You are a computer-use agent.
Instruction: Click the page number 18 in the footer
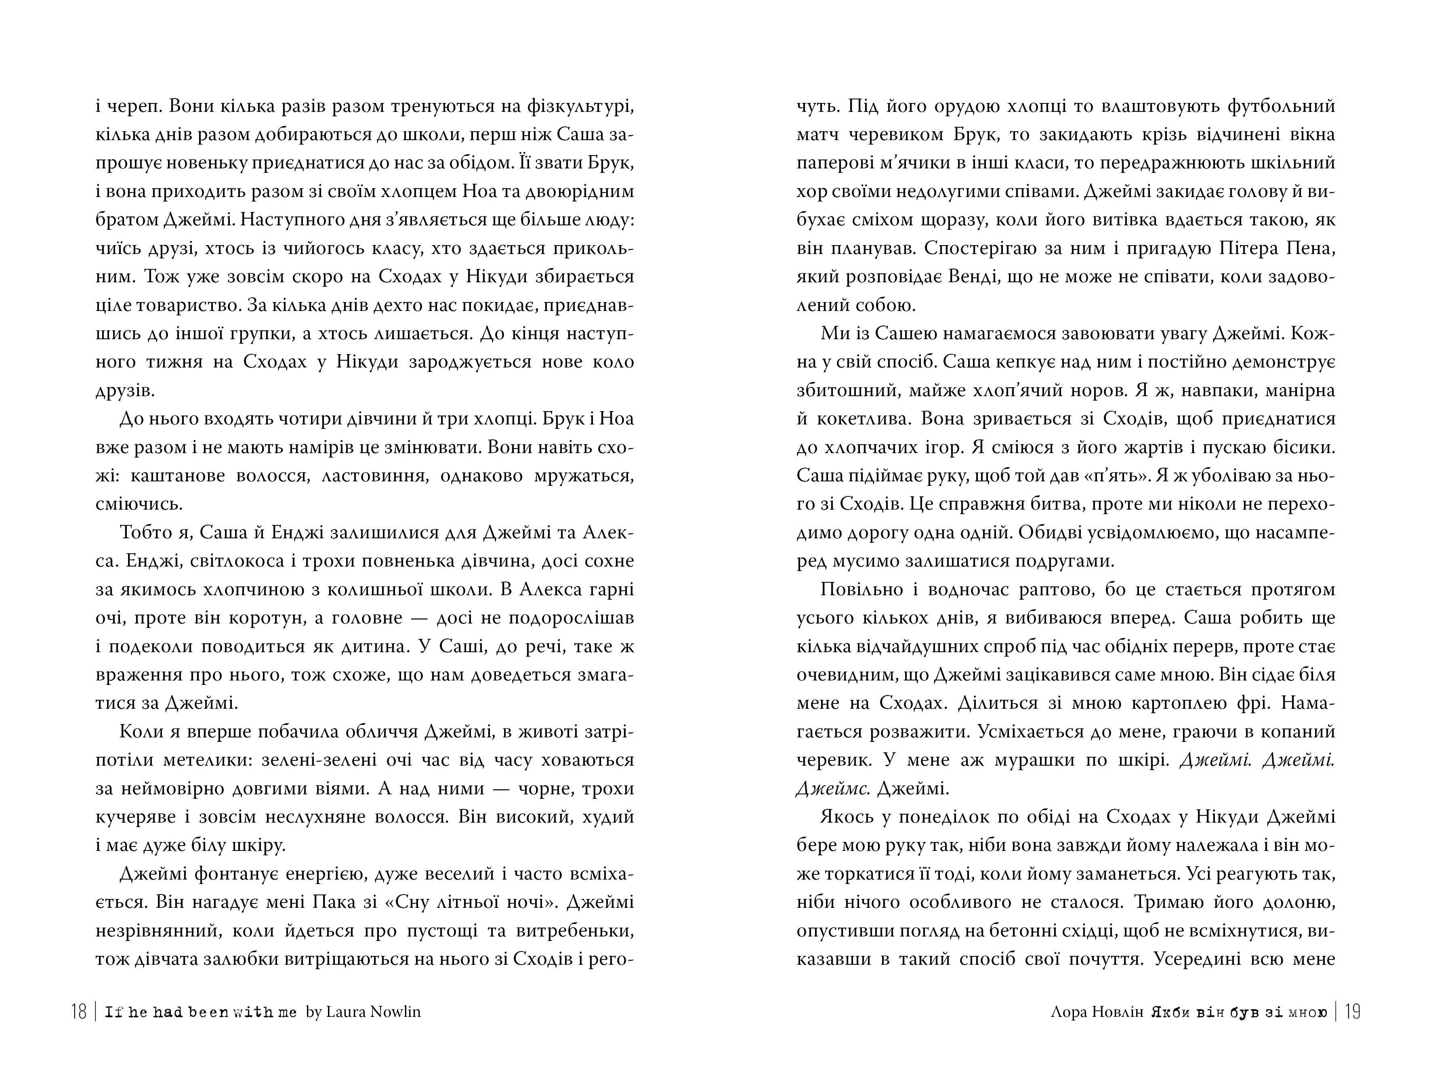tap(79, 1012)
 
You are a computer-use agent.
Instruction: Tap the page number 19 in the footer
tap(1352, 1012)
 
